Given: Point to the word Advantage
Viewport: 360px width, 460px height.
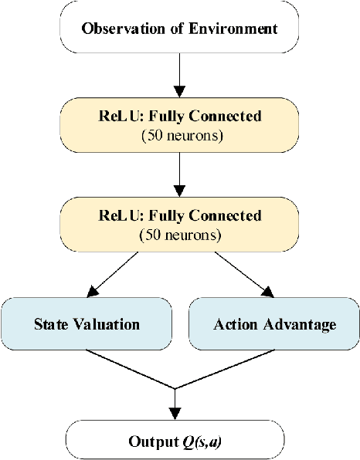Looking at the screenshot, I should (297, 324).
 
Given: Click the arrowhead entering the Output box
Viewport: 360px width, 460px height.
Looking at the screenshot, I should (176, 414).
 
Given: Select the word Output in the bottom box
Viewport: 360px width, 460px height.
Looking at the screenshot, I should (151, 442).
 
